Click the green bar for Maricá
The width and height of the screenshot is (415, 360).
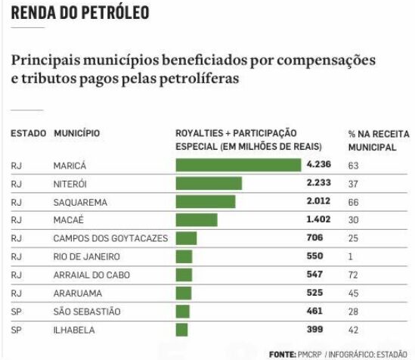[x=237, y=165]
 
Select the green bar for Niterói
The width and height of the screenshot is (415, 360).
[x=208, y=183]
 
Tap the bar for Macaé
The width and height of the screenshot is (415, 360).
[x=196, y=220]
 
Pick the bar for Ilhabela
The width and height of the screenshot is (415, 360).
[x=181, y=329]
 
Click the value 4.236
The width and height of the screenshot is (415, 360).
[x=319, y=165]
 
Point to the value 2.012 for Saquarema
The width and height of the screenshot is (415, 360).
[x=319, y=202]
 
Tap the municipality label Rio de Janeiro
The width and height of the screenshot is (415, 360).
[x=87, y=256]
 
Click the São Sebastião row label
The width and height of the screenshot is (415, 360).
[x=87, y=311]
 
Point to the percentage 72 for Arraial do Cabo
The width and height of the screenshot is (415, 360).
[x=353, y=275]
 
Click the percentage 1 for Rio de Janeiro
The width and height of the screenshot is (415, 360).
[x=351, y=256]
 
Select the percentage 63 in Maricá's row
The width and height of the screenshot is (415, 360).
[x=353, y=165]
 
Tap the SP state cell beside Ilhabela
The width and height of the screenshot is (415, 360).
[x=17, y=329]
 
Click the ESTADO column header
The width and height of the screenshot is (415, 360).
[x=28, y=133]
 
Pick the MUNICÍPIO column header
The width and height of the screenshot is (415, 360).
[x=76, y=133]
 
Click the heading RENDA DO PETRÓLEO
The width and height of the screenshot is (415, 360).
[x=79, y=13]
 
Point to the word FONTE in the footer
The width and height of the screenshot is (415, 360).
[x=281, y=353]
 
